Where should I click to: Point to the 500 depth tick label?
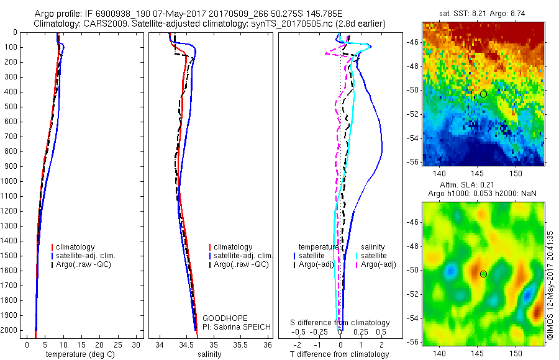11,107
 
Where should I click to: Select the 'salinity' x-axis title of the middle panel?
208,354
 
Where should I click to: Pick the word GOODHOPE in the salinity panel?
221,318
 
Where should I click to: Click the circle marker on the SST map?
483,94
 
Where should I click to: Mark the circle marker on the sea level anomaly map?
483,274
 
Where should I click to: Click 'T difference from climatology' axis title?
340,354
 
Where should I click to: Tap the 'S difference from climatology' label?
340,323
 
